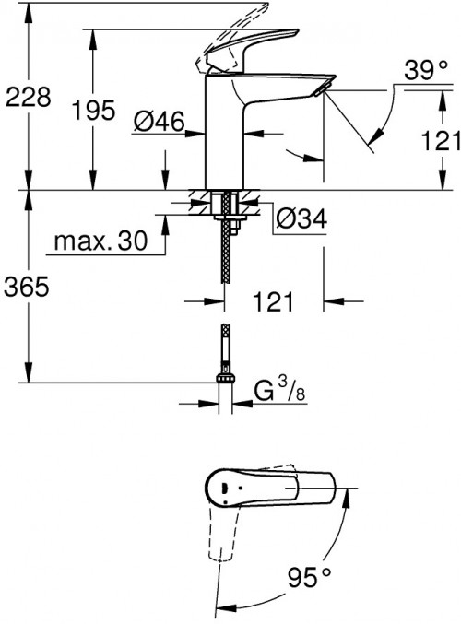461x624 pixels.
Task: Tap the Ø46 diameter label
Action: pyautogui.click(x=159, y=121)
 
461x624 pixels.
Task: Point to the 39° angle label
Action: pyautogui.click(x=425, y=71)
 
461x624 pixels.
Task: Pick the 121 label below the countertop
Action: pyautogui.click(x=274, y=300)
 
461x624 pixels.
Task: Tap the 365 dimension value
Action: pyautogui.click(x=26, y=288)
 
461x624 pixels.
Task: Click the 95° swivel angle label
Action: pyautogui.click(x=309, y=578)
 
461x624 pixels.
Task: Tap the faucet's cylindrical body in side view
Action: pyautogui.click(x=221, y=138)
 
